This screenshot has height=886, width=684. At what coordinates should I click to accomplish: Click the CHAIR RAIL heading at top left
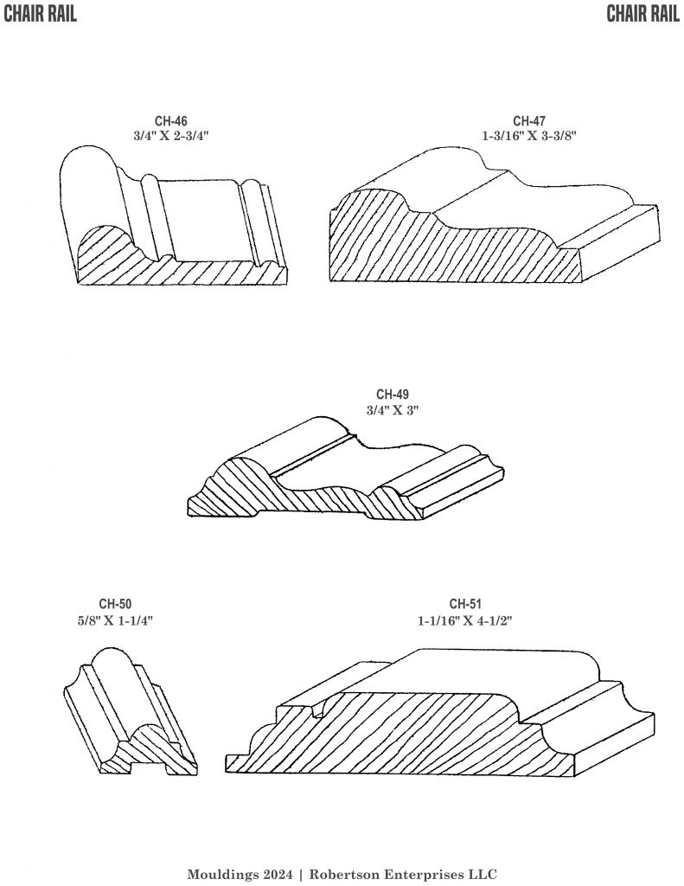[x=40, y=14]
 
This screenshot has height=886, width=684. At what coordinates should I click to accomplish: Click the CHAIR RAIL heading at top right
[x=642, y=14]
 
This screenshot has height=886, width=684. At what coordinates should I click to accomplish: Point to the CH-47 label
[x=528, y=121]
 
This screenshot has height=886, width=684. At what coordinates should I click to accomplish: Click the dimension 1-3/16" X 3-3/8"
[x=528, y=136]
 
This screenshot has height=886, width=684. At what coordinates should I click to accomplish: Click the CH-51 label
[x=466, y=604]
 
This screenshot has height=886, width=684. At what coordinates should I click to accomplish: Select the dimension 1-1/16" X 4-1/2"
[x=466, y=620]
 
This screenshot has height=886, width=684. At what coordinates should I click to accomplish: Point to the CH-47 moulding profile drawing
[x=493, y=225]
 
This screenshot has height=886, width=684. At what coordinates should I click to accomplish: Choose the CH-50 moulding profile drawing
[x=130, y=714]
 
